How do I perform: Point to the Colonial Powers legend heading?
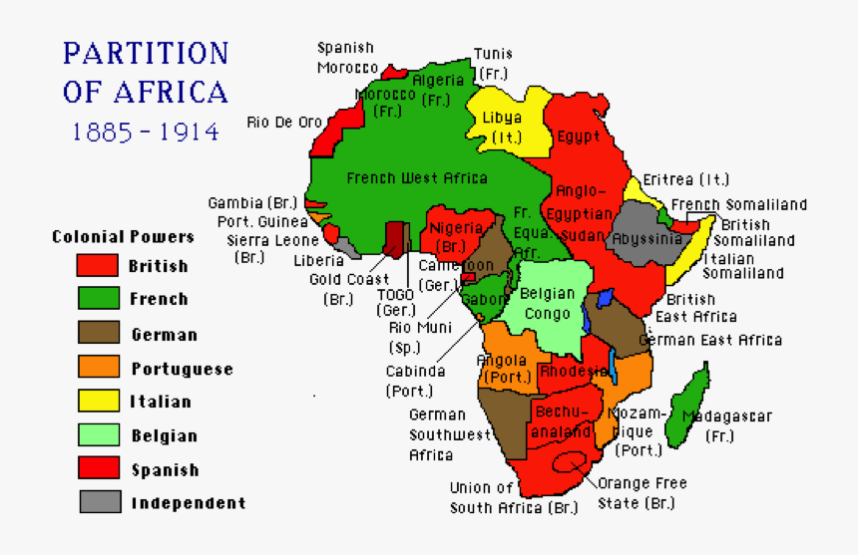(123, 237)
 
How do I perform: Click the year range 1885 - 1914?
(146, 132)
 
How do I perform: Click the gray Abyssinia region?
(639, 233)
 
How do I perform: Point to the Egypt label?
(579, 137)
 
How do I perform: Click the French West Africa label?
(417, 178)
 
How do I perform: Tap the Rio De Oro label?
(284, 123)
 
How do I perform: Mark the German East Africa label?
(710, 340)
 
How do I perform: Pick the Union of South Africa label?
(513, 498)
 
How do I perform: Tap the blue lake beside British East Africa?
(605, 297)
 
